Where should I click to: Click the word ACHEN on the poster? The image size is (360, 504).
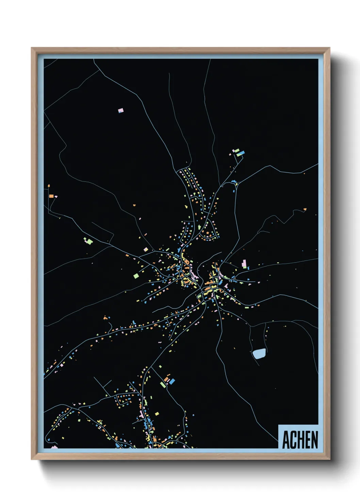pos(300,440)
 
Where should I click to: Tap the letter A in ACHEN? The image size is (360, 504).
pos(286,440)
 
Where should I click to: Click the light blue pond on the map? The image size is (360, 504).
pos(259,354)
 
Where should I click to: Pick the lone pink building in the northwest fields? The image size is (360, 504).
pos(120,110)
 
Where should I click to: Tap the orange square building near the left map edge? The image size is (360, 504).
pos(51,196)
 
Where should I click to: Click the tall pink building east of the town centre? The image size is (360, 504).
pos(244,264)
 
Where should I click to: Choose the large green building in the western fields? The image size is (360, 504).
pos(89,241)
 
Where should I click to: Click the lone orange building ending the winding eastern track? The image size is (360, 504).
pos(305,209)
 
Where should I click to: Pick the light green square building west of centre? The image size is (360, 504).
pos(136,275)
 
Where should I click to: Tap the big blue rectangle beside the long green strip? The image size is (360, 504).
pos(172,381)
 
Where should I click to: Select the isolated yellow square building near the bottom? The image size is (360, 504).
pos(157,414)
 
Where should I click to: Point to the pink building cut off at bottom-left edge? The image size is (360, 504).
pos(54,447)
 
